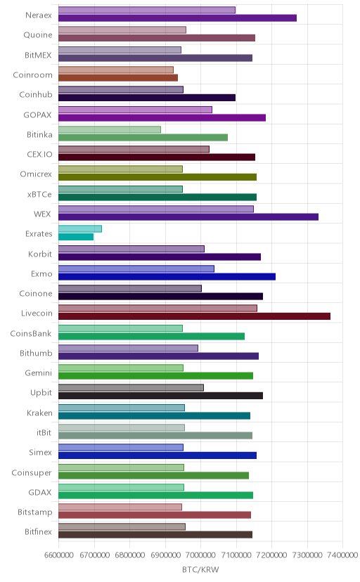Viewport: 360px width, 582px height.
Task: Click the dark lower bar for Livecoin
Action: tap(194, 316)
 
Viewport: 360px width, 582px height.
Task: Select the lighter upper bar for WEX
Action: tap(156, 209)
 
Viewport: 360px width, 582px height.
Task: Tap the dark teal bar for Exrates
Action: tap(76, 237)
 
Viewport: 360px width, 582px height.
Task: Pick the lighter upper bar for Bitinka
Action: tap(110, 129)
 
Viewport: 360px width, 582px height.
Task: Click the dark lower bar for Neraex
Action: tap(177, 18)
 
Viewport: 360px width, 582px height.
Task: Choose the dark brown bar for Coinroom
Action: tap(118, 77)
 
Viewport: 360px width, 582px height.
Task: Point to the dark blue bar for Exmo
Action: tap(167, 276)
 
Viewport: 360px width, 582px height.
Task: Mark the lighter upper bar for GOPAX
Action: tap(135, 110)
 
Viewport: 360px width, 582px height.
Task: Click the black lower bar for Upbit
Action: tap(160, 396)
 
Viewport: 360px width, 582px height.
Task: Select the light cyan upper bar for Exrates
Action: tap(79, 228)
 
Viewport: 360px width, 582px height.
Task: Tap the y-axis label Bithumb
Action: tap(36, 353)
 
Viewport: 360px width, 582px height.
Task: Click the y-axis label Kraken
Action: tap(39, 413)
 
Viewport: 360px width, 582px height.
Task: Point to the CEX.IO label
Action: tap(39, 155)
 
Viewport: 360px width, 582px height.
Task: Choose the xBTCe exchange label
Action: tap(39, 194)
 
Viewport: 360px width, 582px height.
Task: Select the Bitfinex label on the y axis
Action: tap(38, 531)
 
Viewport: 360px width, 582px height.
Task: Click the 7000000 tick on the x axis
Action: tap(201, 555)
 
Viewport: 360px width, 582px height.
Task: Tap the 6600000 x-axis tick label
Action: tap(58, 555)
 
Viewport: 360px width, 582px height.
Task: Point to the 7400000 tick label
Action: tap(343, 555)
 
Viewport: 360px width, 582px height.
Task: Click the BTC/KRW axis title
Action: tap(200, 569)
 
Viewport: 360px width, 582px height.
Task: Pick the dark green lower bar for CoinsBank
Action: tap(151, 336)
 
